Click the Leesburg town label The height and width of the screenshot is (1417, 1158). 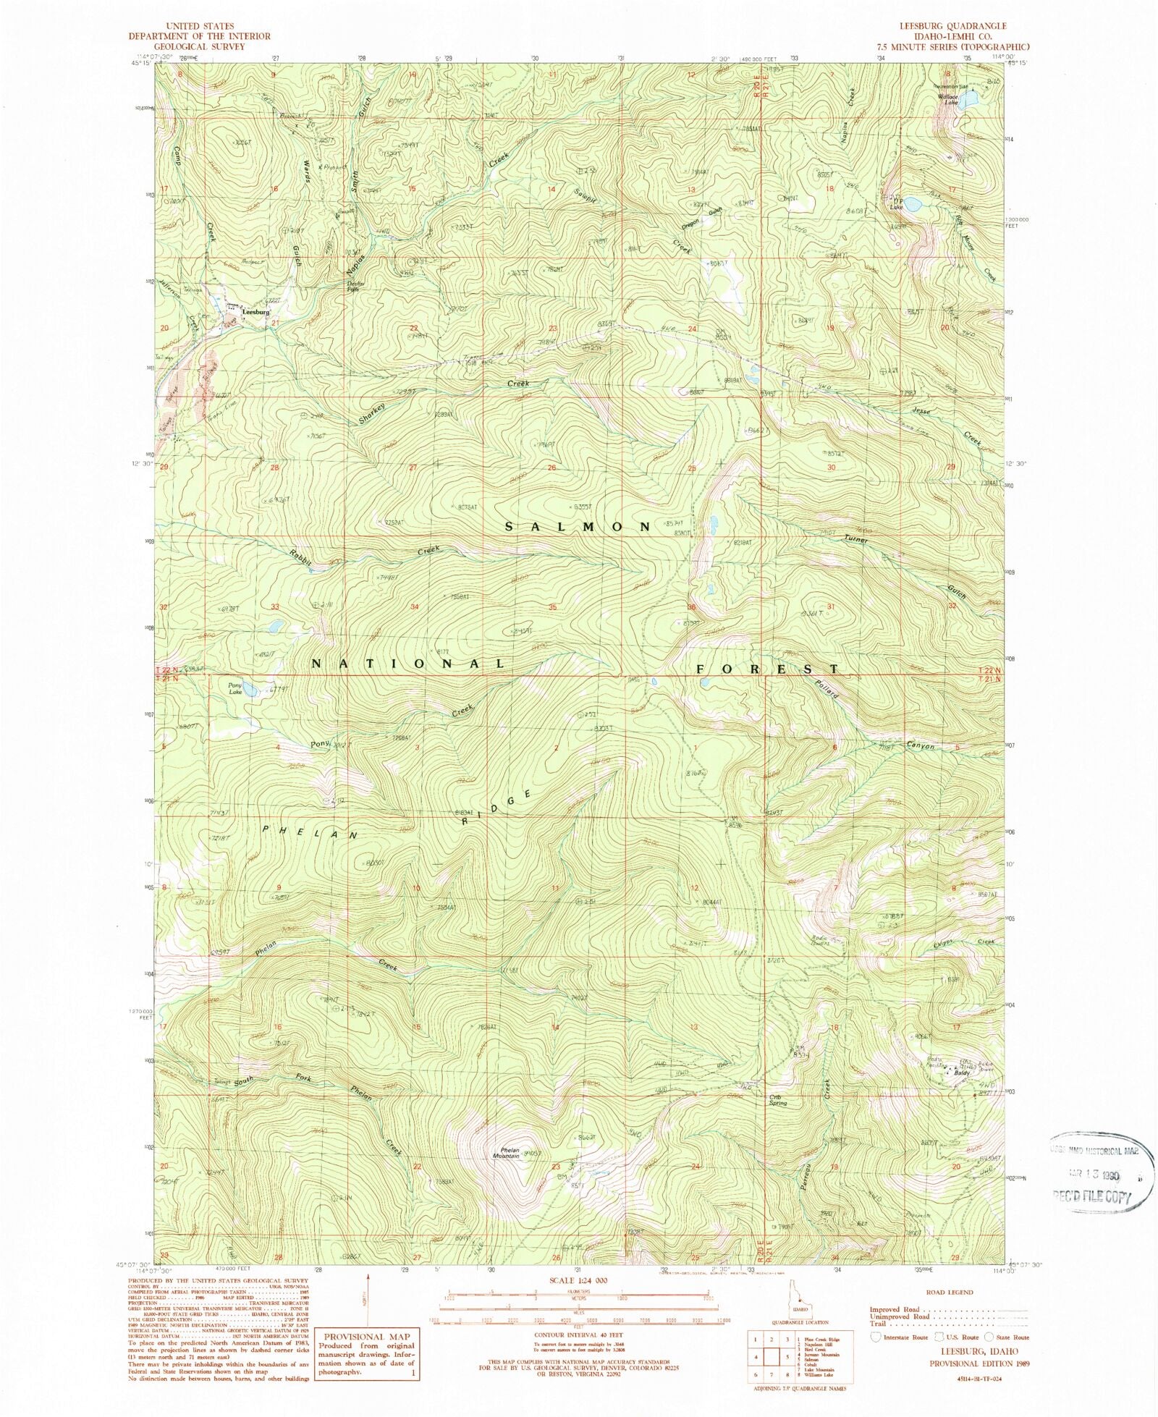coord(256,312)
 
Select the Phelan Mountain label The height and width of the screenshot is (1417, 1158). coord(507,1154)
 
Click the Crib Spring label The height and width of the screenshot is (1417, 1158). coord(778,1100)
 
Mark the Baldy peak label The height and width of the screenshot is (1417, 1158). coord(961,1073)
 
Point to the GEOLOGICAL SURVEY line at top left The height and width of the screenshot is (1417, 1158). coord(198,46)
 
